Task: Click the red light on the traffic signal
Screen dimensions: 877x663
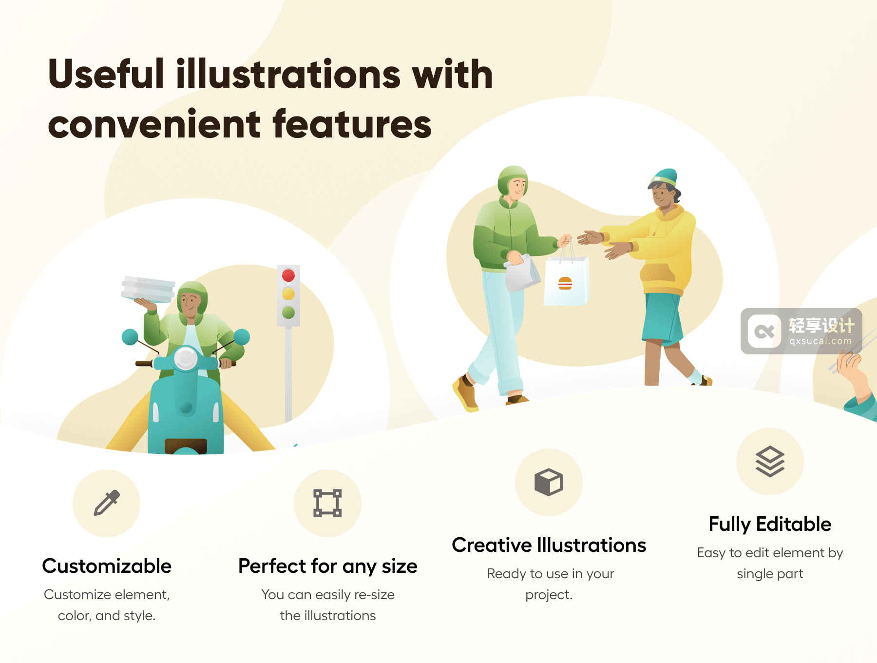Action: [x=288, y=275]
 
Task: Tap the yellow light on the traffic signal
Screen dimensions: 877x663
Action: [x=288, y=293]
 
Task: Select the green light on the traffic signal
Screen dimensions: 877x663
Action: [x=288, y=312]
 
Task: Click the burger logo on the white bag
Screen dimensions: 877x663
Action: [x=565, y=283]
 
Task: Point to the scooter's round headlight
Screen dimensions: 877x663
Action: [x=186, y=359]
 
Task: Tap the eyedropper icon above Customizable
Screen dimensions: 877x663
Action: [x=107, y=503]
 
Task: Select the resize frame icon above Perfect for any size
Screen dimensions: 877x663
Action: [x=327, y=503]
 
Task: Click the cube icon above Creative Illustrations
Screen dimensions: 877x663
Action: [x=549, y=482]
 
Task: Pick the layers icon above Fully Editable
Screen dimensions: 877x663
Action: [x=770, y=461]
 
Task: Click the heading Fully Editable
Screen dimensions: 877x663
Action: [x=770, y=525]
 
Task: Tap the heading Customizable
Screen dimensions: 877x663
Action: [x=107, y=566]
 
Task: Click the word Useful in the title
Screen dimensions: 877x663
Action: [x=106, y=74]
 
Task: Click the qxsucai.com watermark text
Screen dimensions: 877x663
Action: [x=820, y=341]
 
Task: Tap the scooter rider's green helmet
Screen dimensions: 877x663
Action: [x=193, y=295]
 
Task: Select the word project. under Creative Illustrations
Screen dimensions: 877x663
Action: [x=549, y=595]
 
